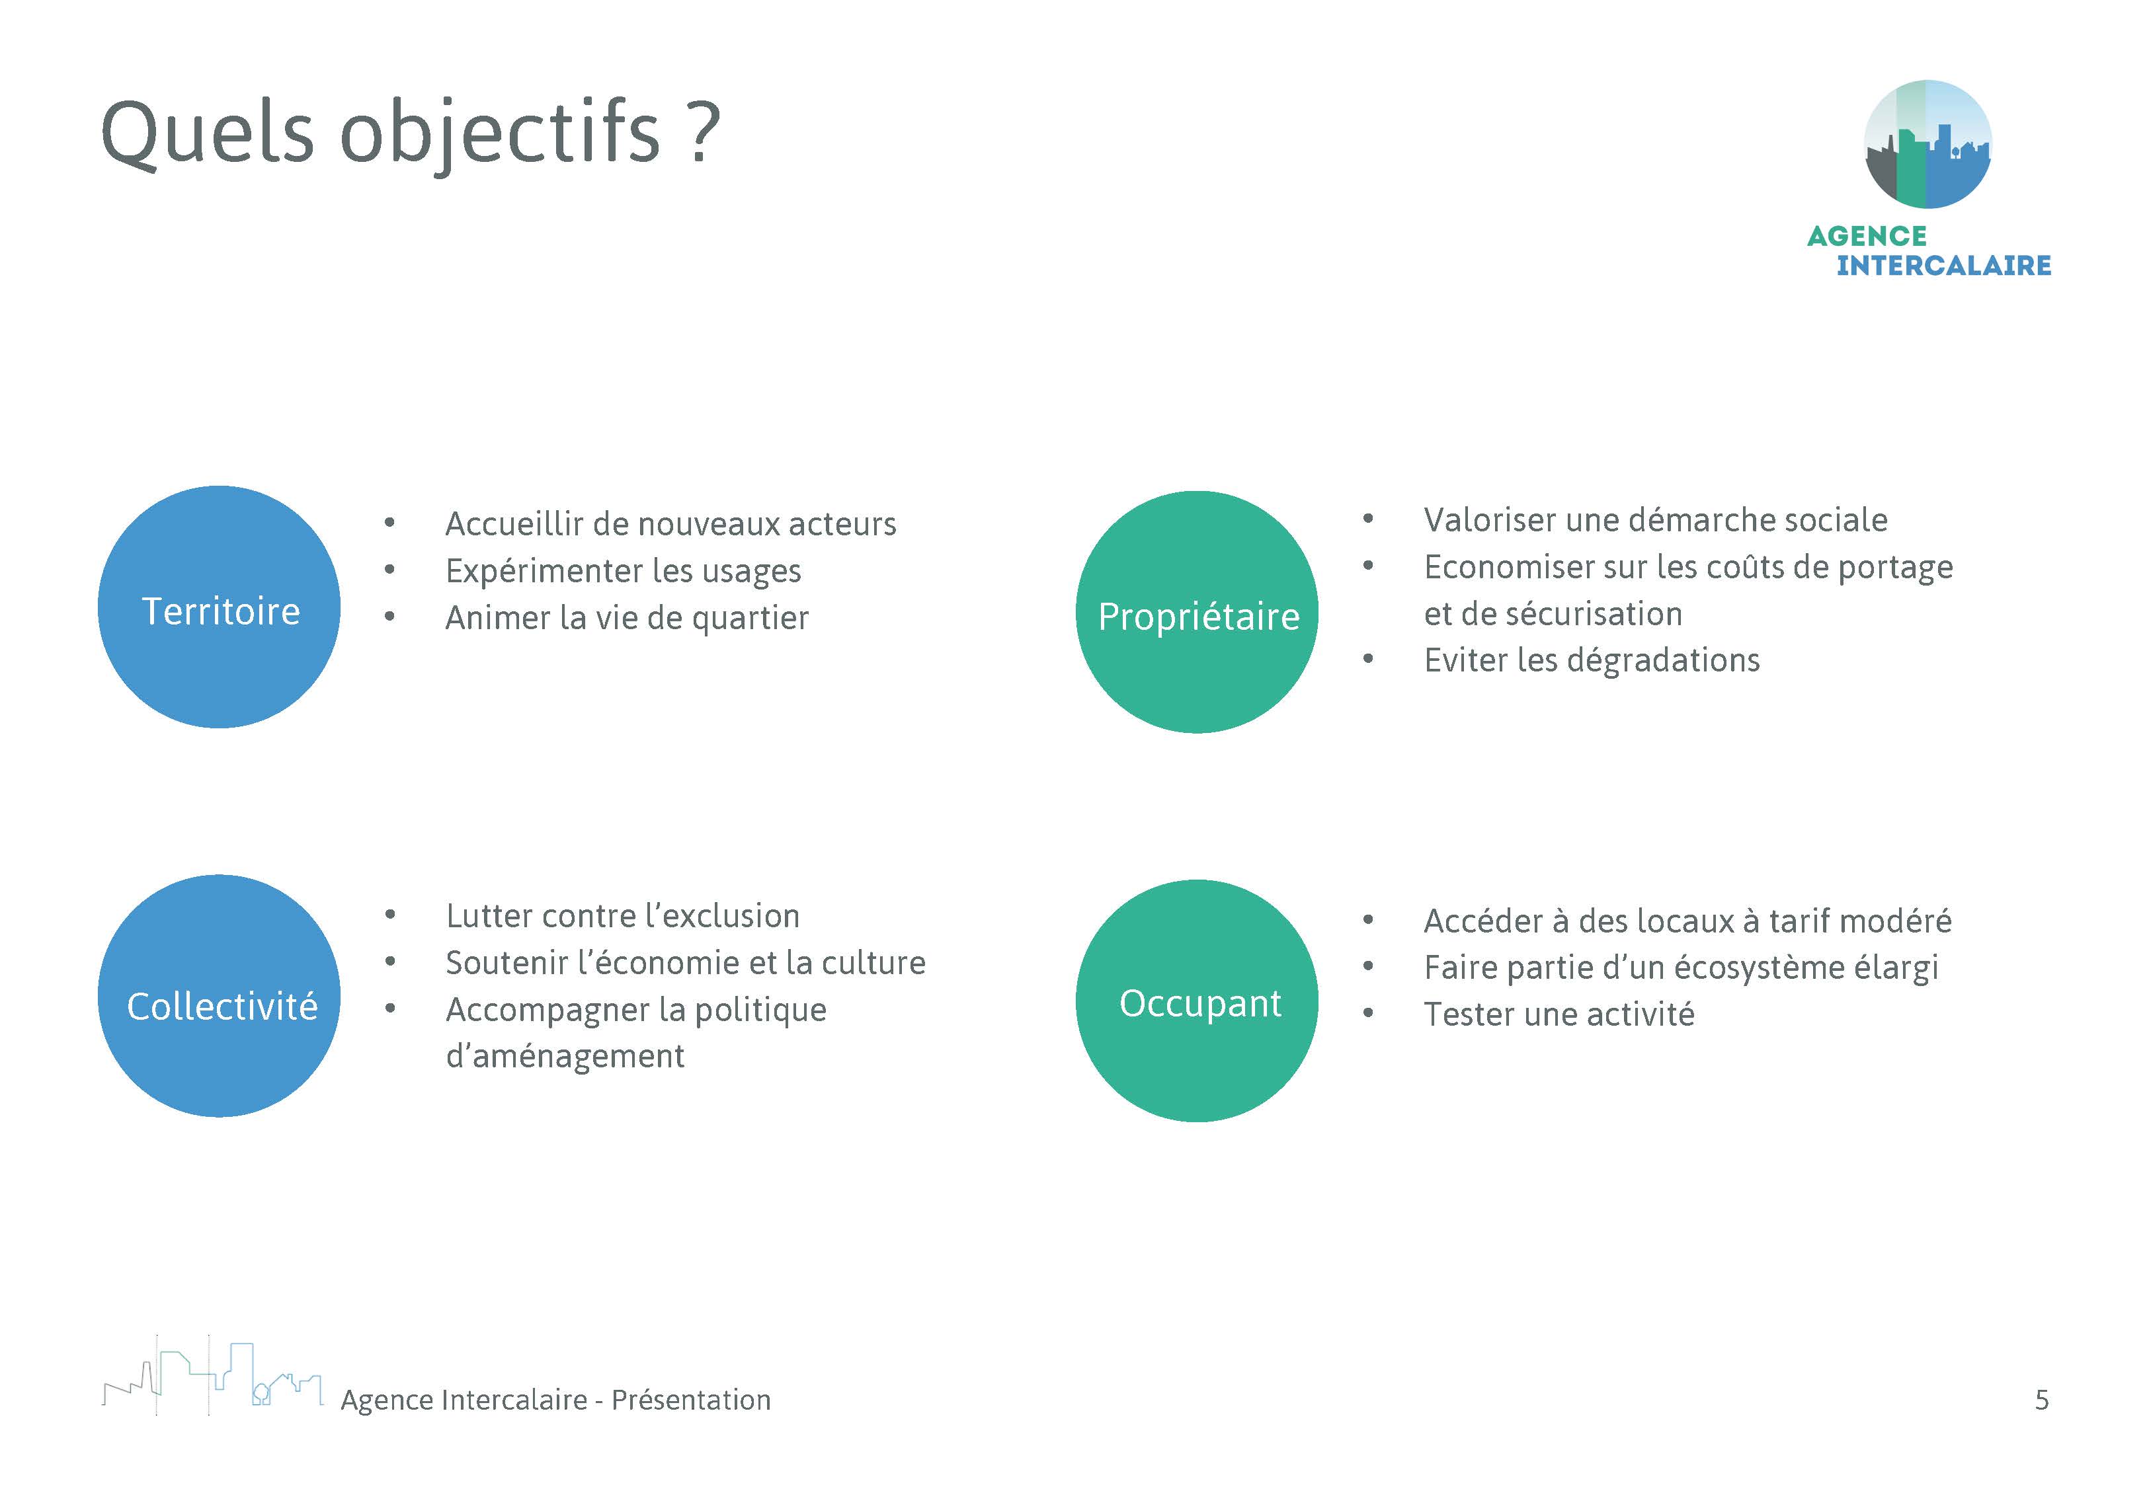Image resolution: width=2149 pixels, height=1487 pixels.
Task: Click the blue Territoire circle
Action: pyautogui.click(x=219, y=607)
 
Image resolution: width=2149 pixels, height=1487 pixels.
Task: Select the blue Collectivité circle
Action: pyautogui.click(x=219, y=995)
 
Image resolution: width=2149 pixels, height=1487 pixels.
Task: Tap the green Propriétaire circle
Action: pyautogui.click(x=1197, y=612)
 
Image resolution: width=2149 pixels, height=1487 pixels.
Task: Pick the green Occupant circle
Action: pyautogui.click(x=1197, y=1001)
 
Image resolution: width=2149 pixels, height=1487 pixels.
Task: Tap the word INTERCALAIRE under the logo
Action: pyautogui.click(x=1943, y=266)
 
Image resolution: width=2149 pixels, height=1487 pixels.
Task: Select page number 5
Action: pyautogui.click(x=2041, y=1399)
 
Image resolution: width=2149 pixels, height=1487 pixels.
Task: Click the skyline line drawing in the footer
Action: pyautogui.click(x=212, y=1376)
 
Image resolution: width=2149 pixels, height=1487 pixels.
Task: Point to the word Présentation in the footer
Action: pyautogui.click(x=690, y=1399)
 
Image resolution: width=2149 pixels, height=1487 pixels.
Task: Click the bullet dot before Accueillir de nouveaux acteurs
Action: pyautogui.click(x=389, y=523)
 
